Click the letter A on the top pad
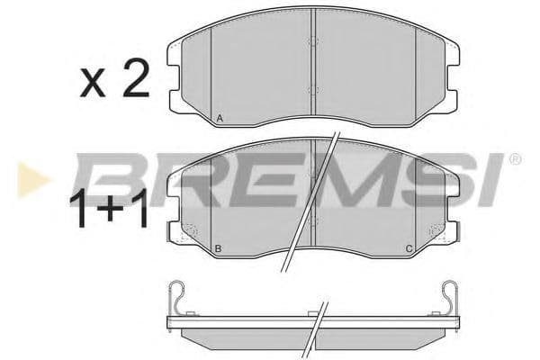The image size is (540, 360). [220, 118]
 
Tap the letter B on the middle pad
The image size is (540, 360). [219, 247]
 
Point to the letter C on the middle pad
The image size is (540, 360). [409, 247]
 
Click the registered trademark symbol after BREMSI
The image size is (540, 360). [515, 159]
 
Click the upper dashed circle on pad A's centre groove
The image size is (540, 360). [312, 41]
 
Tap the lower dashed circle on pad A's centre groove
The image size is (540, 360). [312, 89]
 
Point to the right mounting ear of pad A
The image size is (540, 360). [453, 72]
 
